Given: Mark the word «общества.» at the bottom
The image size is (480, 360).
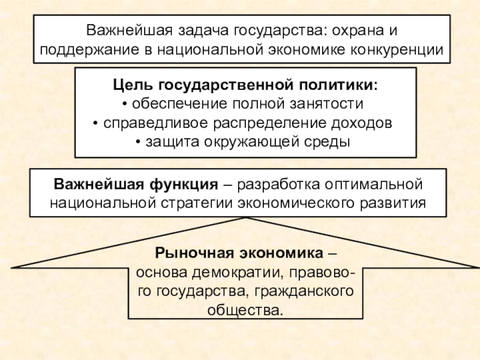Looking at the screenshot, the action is coord(245,311).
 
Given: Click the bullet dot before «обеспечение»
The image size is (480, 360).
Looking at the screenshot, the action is coord(124,104).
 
